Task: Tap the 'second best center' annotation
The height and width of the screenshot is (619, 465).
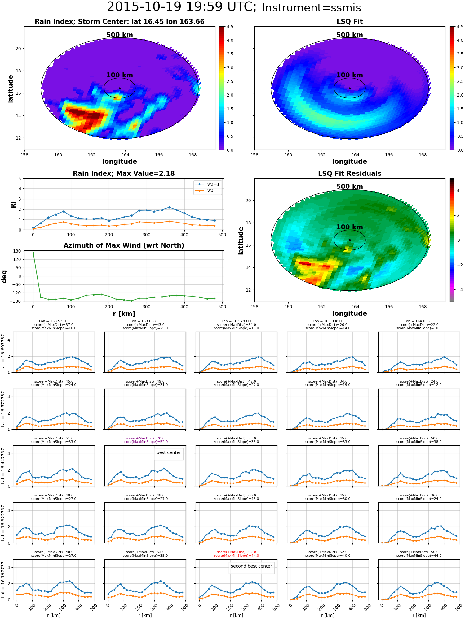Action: [x=251, y=566]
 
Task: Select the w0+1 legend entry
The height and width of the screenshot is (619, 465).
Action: [x=207, y=184]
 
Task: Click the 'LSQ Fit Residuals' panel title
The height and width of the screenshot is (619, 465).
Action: [x=350, y=174]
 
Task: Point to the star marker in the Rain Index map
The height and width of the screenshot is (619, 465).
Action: [x=120, y=88]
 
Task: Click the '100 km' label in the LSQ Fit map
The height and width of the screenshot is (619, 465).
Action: [x=350, y=75]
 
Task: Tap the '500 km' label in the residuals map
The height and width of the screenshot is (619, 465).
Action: [x=350, y=187]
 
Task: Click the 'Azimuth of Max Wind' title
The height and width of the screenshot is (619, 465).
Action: [x=124, y=245]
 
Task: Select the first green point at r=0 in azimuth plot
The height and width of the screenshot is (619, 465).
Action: [x=33, y=253]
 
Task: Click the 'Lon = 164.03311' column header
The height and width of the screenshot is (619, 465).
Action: [x=419, y=321]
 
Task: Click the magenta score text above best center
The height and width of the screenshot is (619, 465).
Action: [x=145, y=440]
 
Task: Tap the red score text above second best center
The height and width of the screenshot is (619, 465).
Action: [x=237, y=554]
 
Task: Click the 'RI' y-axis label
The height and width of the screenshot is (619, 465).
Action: [x=13, y=205]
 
